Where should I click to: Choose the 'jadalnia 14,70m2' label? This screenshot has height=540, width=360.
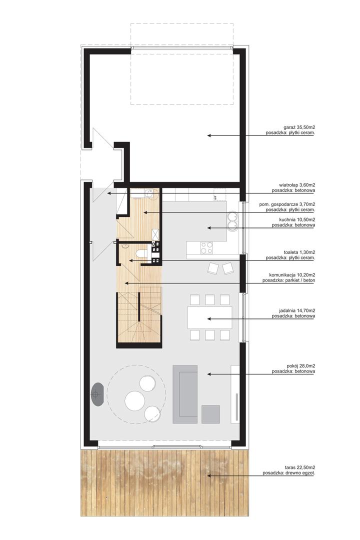[292, 310]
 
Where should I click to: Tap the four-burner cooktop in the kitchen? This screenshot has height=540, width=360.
[206, 248]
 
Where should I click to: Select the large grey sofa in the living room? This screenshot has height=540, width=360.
[185, 394]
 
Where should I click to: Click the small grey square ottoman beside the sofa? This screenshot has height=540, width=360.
[210, 414]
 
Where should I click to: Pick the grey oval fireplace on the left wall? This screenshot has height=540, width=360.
[97, 394]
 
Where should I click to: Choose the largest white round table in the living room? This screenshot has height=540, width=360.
[134, 400]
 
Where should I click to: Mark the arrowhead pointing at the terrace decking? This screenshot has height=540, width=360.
[209, 476]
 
